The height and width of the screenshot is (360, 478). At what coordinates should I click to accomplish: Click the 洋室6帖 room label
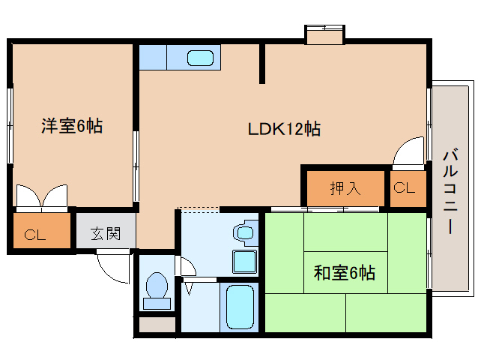click(71, 126)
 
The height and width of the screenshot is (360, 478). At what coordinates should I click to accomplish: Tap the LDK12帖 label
click(285, 129)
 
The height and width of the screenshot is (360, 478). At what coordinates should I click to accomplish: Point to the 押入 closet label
click(345, 188)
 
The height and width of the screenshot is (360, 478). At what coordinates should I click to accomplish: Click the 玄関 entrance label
click(106, 233)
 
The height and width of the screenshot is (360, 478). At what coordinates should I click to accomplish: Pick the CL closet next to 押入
click(404, 188)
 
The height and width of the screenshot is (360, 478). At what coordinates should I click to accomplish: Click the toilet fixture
click(157, 289)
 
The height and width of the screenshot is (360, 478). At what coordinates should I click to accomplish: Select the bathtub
click(239, 307)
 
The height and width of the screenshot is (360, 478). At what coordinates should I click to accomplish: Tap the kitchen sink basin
click(200, 58)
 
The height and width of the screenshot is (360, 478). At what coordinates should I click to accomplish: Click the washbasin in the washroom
click(243, 232)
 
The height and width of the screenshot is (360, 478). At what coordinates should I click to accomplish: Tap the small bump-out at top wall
click(324, 34)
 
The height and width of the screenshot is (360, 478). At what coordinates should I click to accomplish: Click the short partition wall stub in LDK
click(261, 63)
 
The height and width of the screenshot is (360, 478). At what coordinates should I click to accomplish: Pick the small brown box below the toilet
click(156, 325)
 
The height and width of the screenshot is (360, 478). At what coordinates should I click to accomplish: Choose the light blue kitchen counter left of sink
click(153, 57)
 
